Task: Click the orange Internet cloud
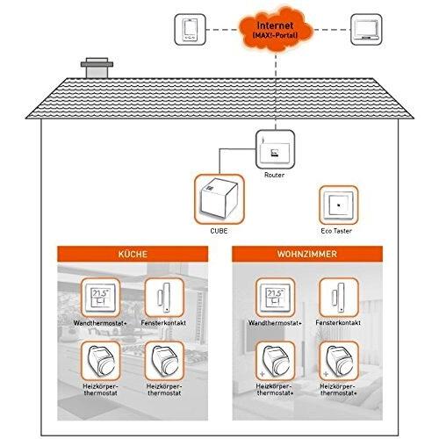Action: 276,30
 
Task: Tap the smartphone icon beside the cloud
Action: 190,30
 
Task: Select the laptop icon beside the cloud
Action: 366,30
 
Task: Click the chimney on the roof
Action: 97,68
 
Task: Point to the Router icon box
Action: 275,149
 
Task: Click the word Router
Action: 274,175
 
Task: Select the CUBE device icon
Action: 219,199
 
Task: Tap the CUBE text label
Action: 219,231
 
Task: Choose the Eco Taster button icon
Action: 339,205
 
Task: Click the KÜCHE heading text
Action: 133,254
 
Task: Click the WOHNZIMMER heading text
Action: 307,254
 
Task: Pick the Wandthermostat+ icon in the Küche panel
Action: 100,298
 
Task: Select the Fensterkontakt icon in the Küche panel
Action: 164,298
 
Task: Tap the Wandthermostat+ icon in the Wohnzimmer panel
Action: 275,298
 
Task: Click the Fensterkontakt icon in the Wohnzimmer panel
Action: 339,298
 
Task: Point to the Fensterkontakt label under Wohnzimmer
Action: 338,323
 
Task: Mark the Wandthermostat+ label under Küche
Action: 100,323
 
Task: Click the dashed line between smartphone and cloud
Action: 222,30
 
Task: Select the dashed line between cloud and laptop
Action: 332,30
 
